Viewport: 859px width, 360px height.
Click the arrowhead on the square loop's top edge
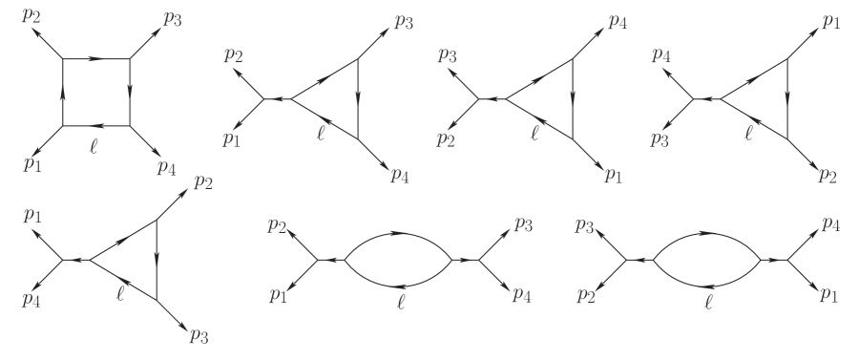tap(96, 59)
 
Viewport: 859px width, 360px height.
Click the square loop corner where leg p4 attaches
tap(130, 125)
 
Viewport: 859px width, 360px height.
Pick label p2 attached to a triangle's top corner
tap(202, 181)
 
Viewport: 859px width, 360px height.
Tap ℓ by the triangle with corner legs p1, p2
tap(750, 135)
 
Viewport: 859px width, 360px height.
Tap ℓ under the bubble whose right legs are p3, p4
tap(400, 305)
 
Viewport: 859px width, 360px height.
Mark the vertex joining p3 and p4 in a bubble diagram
tap(480, 259)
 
